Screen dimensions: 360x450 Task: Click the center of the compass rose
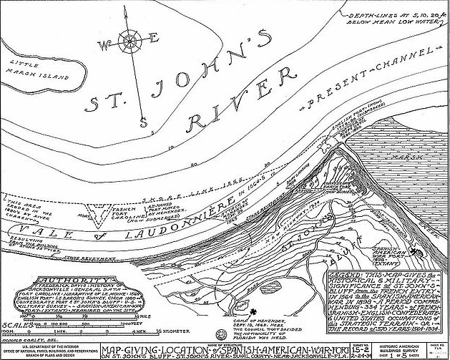(131, 42)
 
